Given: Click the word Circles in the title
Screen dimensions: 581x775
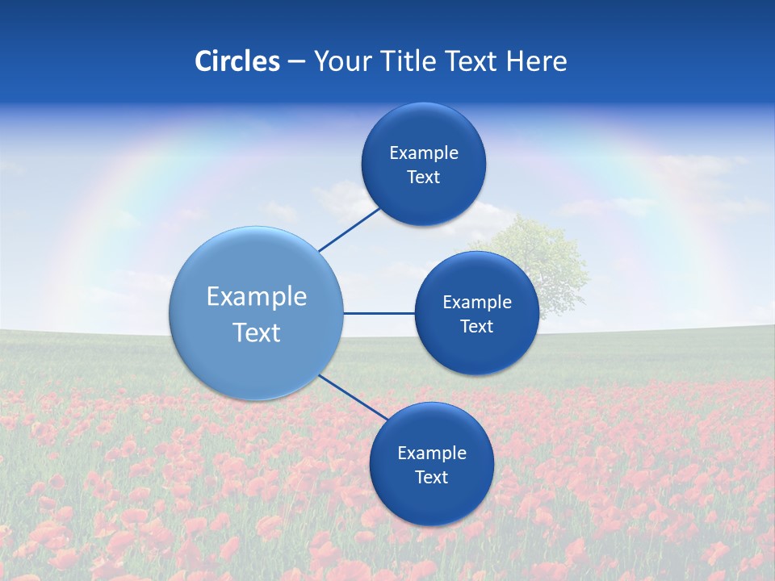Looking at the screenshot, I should pos(237,61).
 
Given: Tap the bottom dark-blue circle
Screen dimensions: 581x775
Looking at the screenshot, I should pos(431,500).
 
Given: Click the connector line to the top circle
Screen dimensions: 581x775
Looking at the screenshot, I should pos(350,230).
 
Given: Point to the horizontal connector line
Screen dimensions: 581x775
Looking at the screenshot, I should pos(379,313).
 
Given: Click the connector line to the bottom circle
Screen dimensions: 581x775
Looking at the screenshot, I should pos(353,397).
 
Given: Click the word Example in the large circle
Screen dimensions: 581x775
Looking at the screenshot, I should pos(257,297).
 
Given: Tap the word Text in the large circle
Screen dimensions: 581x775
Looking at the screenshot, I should pos(257,332).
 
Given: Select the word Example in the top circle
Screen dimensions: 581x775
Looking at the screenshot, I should pos(423,153).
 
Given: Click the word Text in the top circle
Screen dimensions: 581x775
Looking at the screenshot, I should pos(423,178).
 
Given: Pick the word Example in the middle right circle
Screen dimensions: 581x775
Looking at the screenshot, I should pos(476,303).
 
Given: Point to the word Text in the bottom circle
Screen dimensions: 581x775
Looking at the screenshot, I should pos(431,478).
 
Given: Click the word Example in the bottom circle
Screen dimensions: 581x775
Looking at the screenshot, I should pos(431,454).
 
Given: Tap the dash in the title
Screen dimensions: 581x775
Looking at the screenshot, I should pos(295,62).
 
